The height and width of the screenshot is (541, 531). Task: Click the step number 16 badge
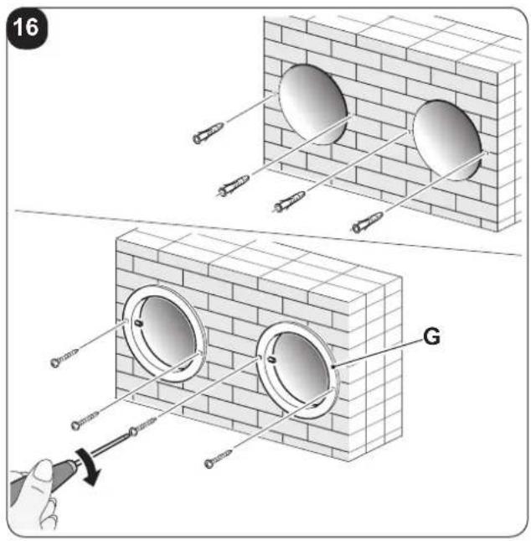click(27, 28)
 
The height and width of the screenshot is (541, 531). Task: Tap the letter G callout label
click(431, 336)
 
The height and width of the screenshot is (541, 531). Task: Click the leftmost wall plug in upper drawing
click(208, 133)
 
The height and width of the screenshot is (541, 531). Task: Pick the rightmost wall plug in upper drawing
click(368, 222)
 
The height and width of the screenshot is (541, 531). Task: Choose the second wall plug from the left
click(234, 185)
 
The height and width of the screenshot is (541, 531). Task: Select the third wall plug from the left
click(290, 202)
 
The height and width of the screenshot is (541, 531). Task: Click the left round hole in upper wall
click(312, 103)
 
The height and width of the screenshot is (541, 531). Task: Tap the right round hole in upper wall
click(447, 140)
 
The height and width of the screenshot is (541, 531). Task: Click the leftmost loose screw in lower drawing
click(64, 358)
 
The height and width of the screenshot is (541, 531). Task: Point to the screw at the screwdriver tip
click(142, 426)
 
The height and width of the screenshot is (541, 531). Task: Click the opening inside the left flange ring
click(168, 333)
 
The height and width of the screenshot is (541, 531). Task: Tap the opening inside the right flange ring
click(301, 370)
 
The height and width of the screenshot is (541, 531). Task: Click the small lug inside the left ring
click(138, 323)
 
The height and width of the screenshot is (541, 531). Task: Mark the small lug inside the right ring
click(271, 360)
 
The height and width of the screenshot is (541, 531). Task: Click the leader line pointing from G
click(379, 353)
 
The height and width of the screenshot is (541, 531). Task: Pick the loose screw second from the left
click(85, 420)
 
